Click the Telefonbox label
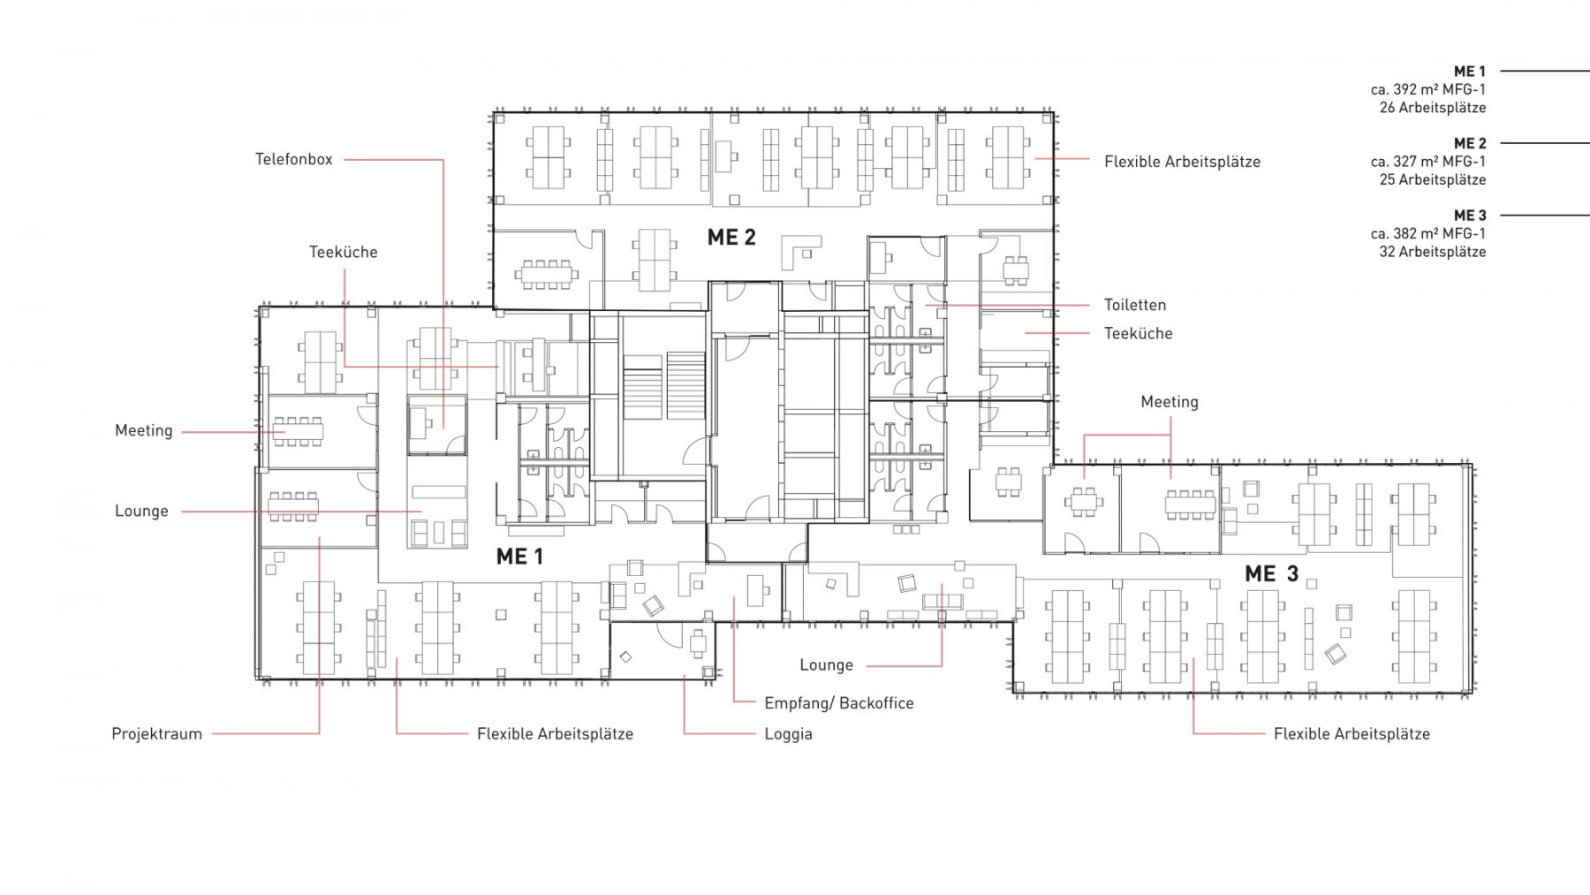pyautogui.click(x=294, y=160)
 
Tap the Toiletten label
pyautogui.click(x=1135, y=305)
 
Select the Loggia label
pyautogui.click(x=789, y=734)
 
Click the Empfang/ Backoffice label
pyautogui.click(x=839, y=703)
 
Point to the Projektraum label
pyautogui.click(x=157, y=734)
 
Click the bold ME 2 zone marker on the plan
pyautogui.click(x=731, y=237)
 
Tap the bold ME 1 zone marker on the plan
pyautogui.click(x=519, y=557)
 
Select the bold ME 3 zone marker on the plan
pyautogui.click(x=1272, y=573)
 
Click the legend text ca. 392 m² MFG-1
pyautogui.click(x=1428, y=89)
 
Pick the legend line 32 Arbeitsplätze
pyautogui.click(x=1433, y=252)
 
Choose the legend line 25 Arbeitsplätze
pyautogui.click(x=1433, y=179)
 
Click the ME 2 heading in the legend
pyautogui.click(x=1470, y=143)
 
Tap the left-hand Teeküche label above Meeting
pyautogui.click(x=344, y=253)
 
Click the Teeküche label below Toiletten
pyautogui.click(x=1139, y=333)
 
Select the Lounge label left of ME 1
pyautogui.click(x=141, y=512)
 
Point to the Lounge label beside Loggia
pyautogui.click(x=827, y=665)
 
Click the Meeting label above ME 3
pyautogui.click(x=1170, y=402)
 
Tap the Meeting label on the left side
pyautogui.click(x=144, y=431)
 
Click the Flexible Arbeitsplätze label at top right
pyautogui.click(x=1183, y=162)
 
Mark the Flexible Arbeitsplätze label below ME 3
pyautogui.click(x=1351, y=734)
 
